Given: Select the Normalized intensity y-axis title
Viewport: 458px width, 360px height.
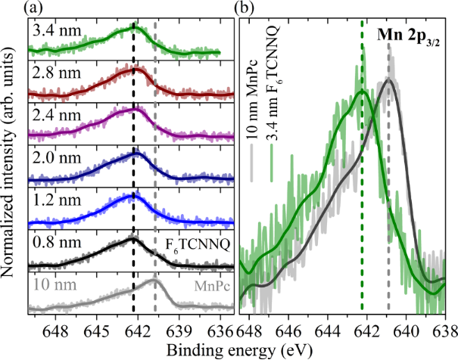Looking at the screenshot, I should (x=11, y=163).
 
